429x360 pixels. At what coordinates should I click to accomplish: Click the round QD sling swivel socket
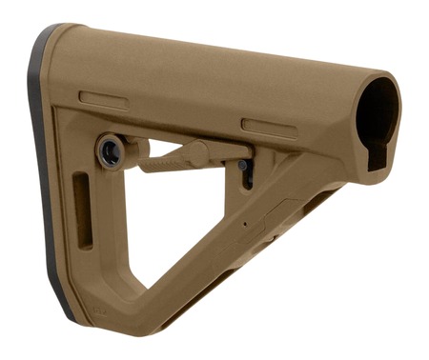(x=110, y=150)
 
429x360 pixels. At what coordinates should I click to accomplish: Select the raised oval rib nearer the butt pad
(x=103, y=99)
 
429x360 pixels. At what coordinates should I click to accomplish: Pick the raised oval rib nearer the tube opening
(x=269, y=126)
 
